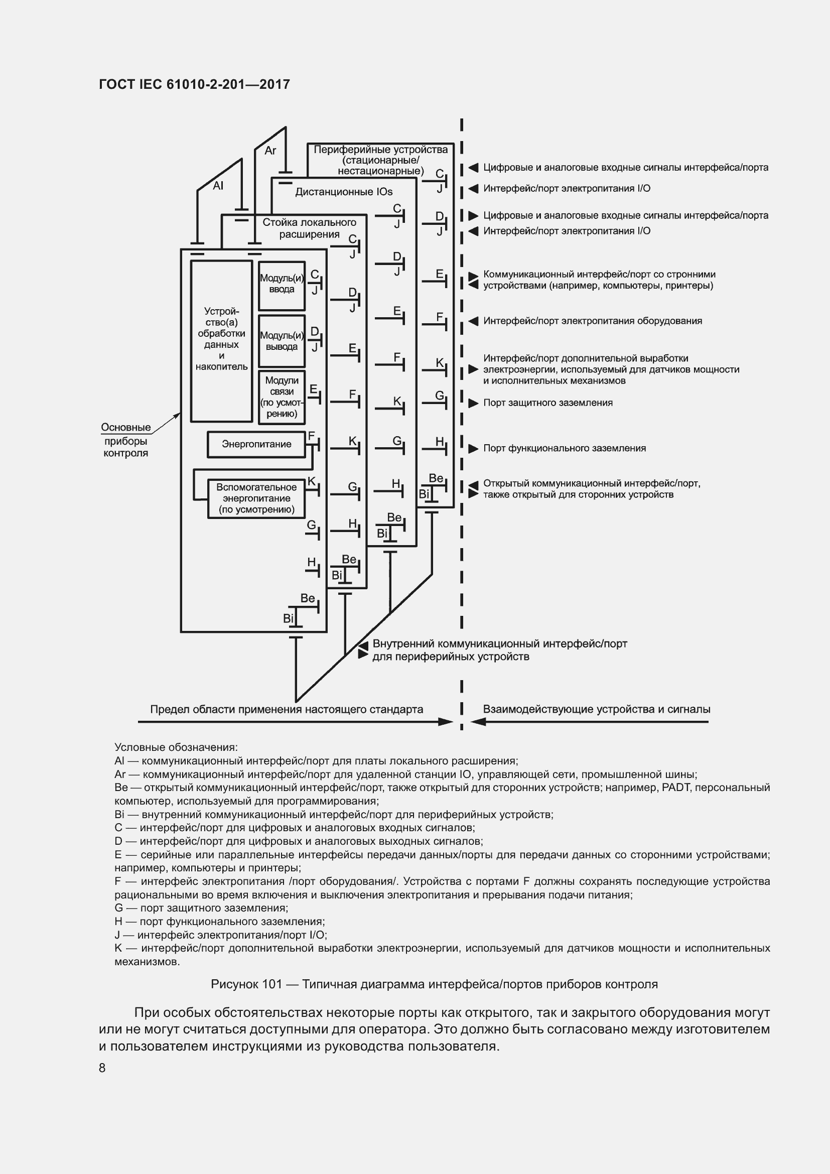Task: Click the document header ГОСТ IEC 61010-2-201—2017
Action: (194, 84)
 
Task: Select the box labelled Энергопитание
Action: (256, 444)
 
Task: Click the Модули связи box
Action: (282, 398)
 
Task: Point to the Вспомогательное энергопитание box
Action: (256, 498)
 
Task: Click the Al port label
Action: (218, 186)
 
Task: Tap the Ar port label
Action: (270, 151)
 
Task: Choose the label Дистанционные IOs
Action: (343, 192)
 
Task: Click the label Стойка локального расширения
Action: (309, 228)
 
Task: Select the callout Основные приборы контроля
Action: (126, 440)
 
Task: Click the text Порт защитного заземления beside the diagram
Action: (548, 403)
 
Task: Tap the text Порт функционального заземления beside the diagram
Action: (564, 448)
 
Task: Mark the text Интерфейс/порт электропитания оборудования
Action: (592, 321)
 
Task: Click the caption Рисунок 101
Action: (434, 984)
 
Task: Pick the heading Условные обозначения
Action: (176, 747)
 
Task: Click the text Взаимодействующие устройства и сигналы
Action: (597, 709)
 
